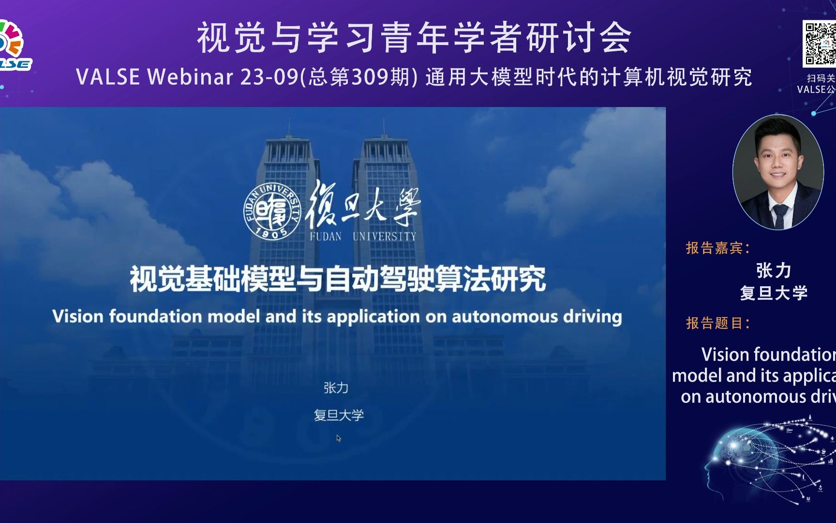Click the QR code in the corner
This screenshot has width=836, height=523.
point(820,44)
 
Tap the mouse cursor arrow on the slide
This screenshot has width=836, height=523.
point(339,438)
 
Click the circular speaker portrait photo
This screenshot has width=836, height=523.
point(778,172)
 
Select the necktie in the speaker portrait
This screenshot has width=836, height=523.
point(780,215)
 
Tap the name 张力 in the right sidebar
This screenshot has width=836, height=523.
point(774,270)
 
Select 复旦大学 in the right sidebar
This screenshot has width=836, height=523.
point(774,292)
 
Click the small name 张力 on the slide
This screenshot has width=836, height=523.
point(336,387)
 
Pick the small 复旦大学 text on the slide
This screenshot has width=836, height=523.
point(339,415)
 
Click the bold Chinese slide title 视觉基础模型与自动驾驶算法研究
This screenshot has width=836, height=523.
point(338,279)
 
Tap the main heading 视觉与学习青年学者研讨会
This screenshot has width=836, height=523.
point(414,38)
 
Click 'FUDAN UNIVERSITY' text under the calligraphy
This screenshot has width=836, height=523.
point(363,236)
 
